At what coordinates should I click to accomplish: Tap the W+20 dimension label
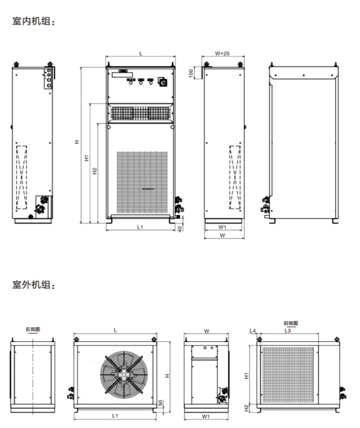[222, 53]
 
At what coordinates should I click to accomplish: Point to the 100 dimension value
[192, 73]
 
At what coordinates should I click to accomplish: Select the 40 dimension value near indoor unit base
[180, 228]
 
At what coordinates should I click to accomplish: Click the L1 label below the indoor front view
[140, 228]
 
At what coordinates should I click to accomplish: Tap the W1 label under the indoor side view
[222, 228]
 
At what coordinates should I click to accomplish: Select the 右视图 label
[32, 329]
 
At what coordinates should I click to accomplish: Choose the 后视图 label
[291, 323]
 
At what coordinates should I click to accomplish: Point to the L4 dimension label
[252, 330]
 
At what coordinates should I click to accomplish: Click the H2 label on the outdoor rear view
[246, 407]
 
